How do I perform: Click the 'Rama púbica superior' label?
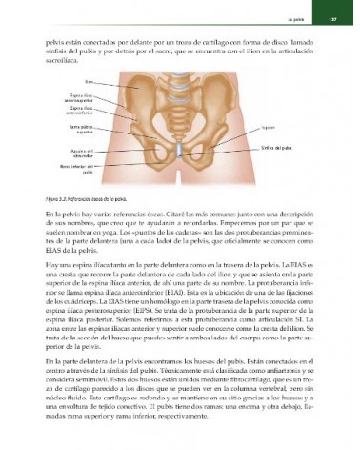point(82,130)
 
